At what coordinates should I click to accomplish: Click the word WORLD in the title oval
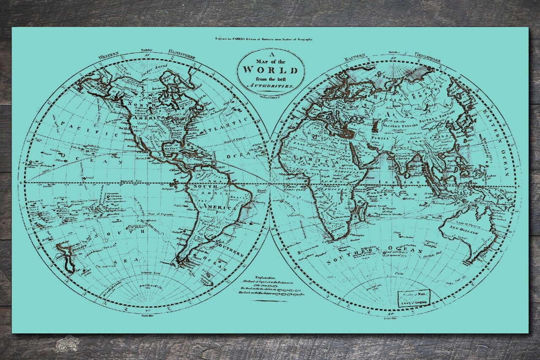point(270,70)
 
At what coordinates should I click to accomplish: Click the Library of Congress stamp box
point(413,299)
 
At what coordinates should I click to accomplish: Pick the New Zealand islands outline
point(65,255)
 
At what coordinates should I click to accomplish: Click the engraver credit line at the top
point(264,39)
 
